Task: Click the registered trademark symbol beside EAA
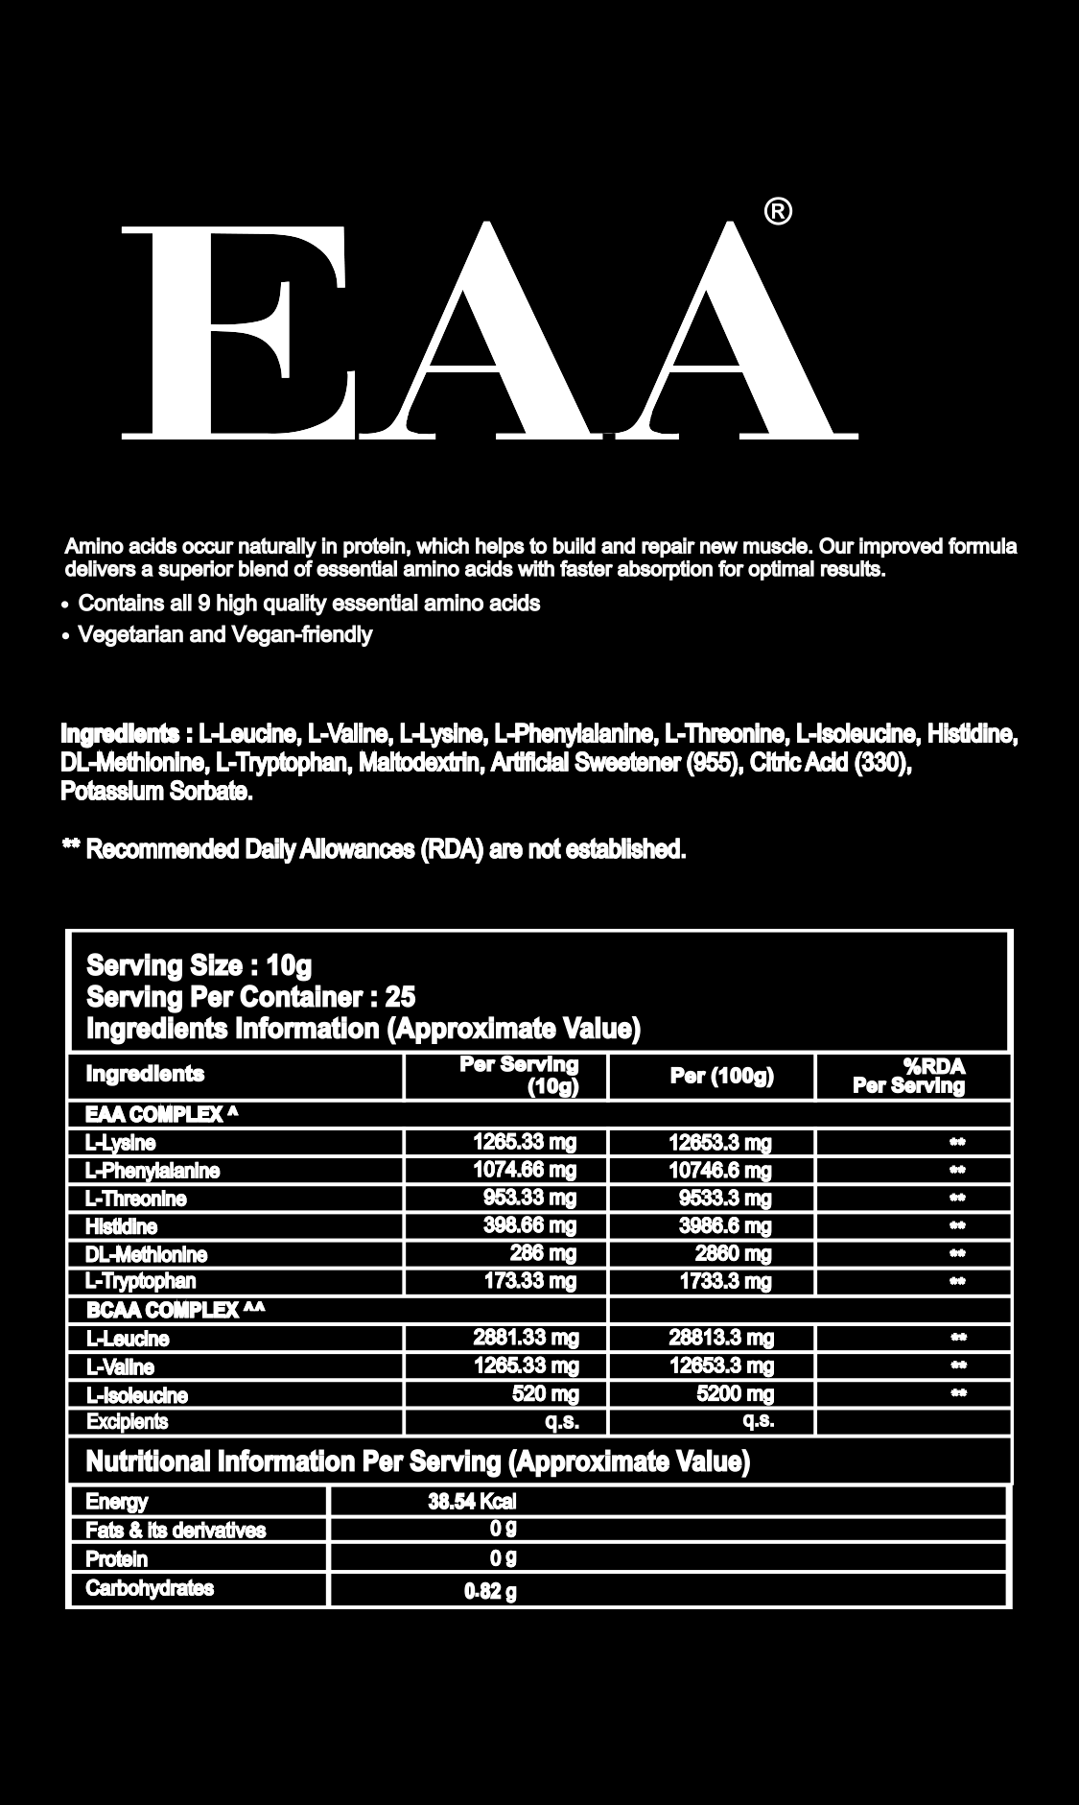pos(778,211)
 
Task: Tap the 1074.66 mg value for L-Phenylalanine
pos(525,1170)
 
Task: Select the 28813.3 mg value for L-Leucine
pos(720,1338)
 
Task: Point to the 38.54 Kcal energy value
pos(472,1502)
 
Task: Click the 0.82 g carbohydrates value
pos(490,1593)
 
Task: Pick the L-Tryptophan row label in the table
pos(140,1281)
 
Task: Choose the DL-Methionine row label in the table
pos(146,1254)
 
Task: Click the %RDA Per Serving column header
pos(909,1076)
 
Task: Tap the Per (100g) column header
pos(721,1076)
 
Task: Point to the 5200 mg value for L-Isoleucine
pos(735,1393)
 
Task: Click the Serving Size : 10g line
pos(199,964)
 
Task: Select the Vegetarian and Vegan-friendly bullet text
pos(224,634)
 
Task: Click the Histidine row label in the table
pos(121,1226)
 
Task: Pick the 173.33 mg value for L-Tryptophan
pos(529,1281)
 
